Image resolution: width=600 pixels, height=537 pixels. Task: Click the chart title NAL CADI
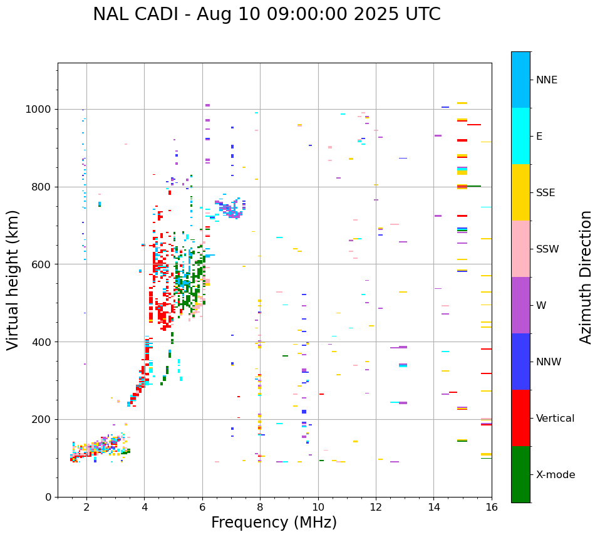tap(266, 14)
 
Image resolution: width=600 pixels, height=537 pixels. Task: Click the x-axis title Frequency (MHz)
tap(274, 523)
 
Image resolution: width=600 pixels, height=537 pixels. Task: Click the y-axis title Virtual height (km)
tap(13, 279)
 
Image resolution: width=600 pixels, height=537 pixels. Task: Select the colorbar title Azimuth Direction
tap(586, 277)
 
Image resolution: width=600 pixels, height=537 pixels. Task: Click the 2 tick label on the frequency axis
tap(86, 506)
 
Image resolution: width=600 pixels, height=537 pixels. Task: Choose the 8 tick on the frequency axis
tap(260, 506)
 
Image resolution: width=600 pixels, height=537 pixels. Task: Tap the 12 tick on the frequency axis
tap(376, 506)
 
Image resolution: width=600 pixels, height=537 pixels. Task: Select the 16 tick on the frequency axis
tap(492, 506)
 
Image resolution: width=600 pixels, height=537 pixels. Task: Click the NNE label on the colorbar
tap(546, 80)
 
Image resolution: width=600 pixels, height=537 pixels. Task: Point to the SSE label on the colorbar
tap(545, 193)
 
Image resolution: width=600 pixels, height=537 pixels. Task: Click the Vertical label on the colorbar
tap(555, 419)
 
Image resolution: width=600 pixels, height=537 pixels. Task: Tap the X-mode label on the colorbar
tap(555, 475)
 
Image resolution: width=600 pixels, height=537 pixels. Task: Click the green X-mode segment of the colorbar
tap(520, 474)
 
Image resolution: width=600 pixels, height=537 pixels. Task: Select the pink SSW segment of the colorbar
tap(520, 249)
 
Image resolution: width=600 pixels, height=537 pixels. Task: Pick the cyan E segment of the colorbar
tap(520, 136)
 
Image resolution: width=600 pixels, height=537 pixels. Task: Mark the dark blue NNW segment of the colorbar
tap(520, 362)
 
